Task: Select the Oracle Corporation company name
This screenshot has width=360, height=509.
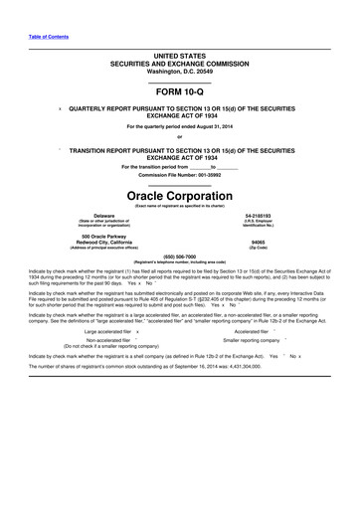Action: coord(180,194)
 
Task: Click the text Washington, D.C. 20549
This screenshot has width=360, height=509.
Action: coord(180,71)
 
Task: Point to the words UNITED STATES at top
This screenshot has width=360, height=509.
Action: coord(180,57)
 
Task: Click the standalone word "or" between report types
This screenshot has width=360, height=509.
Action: coord(180,137)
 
